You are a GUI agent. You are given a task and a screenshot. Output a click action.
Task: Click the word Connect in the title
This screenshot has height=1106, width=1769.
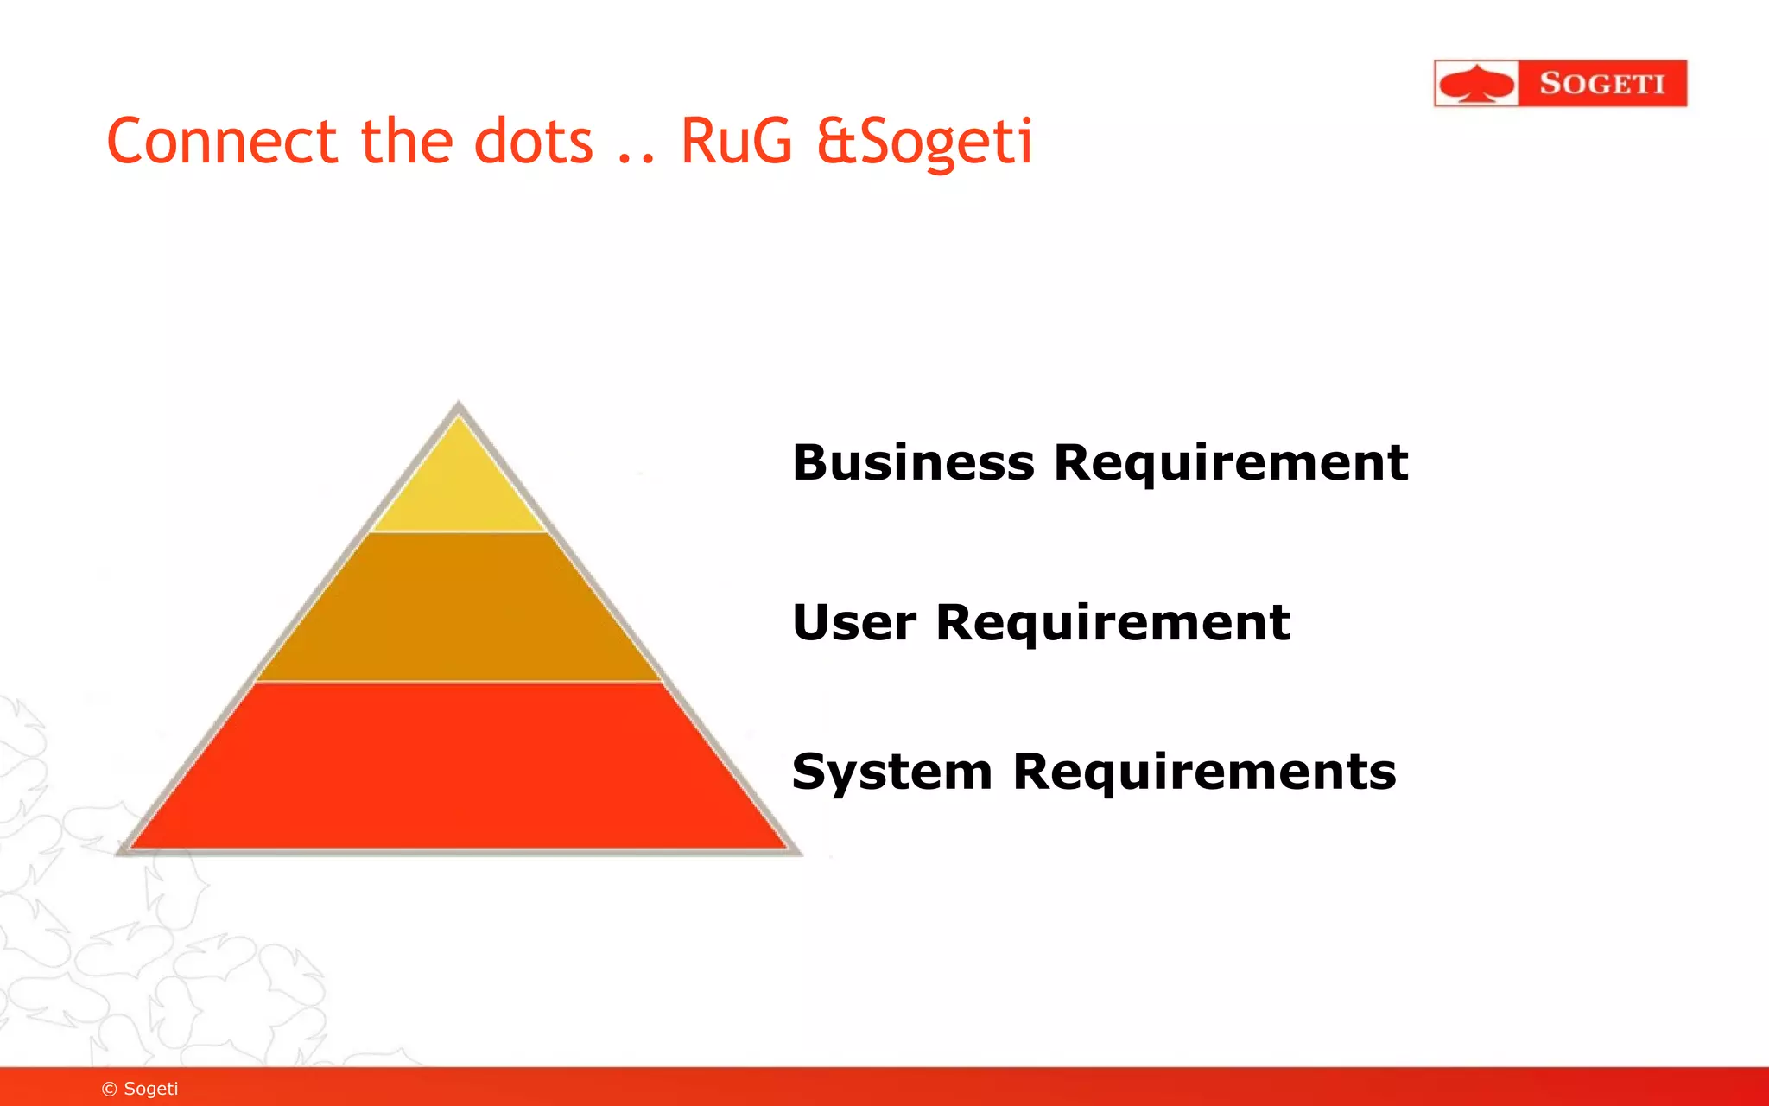coord(221,142)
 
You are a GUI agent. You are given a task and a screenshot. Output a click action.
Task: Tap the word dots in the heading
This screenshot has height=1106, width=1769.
coord(534,142)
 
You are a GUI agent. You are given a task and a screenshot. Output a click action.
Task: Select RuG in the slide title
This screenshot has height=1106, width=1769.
coord(736,142)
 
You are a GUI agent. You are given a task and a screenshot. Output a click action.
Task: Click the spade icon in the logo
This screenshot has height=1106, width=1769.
coord(1476,84)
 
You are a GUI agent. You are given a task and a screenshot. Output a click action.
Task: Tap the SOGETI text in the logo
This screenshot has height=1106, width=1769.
coord(1601,84)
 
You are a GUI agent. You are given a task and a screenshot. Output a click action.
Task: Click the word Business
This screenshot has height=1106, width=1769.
coord(913,463)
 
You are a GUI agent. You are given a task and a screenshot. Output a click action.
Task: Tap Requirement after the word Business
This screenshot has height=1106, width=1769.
coord(1231,463)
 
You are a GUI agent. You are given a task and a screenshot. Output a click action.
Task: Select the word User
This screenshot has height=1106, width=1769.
coord(854,623)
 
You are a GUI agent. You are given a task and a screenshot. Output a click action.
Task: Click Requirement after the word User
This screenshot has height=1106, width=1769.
coord(1113,623)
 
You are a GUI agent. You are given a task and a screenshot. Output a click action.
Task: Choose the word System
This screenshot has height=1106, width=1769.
coord(891,772)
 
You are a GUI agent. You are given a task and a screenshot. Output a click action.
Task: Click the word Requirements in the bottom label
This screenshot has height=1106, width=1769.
coord(1204,772)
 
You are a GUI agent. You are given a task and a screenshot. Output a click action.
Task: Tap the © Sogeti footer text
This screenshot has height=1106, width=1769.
coord(140,1089)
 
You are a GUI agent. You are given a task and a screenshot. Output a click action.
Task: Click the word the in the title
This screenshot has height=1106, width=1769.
coord(406,142)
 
